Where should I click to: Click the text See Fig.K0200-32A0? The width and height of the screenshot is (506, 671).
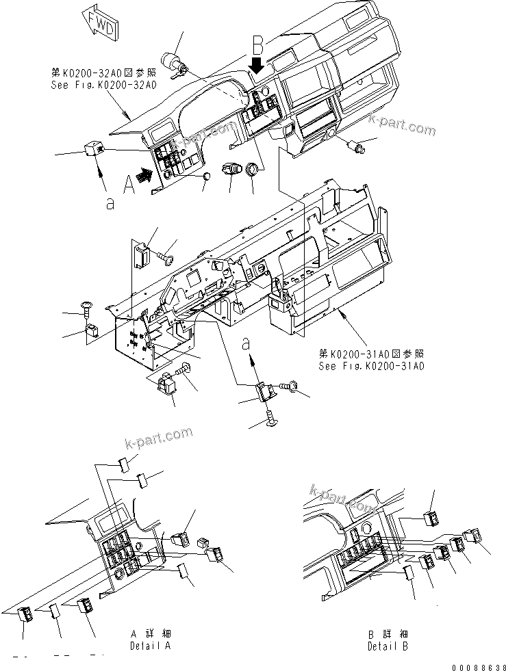103,85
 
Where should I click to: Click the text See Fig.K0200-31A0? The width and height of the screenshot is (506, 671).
371,366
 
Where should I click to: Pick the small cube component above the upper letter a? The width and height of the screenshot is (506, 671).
94,148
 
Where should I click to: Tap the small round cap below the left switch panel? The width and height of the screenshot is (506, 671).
207,179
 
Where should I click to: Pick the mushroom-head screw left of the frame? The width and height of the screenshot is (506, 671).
89,308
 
